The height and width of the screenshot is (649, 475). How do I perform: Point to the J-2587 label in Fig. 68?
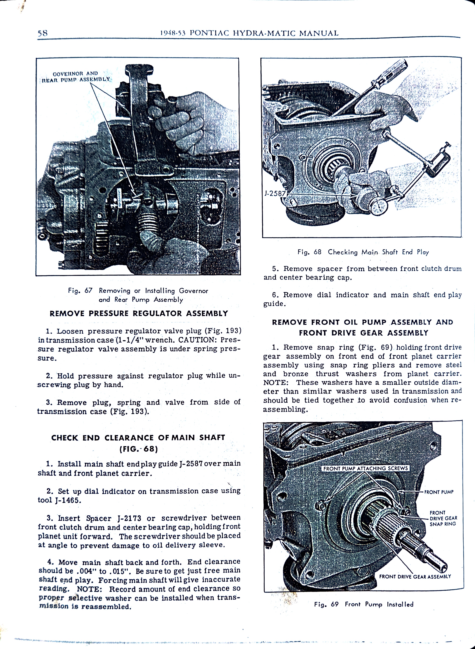274,193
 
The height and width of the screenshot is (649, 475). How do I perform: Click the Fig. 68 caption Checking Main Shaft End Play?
363,252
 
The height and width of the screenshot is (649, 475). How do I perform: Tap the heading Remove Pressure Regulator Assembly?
139,313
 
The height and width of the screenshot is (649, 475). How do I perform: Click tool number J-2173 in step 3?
129,518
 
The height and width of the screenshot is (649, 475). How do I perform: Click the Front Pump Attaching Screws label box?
365,468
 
